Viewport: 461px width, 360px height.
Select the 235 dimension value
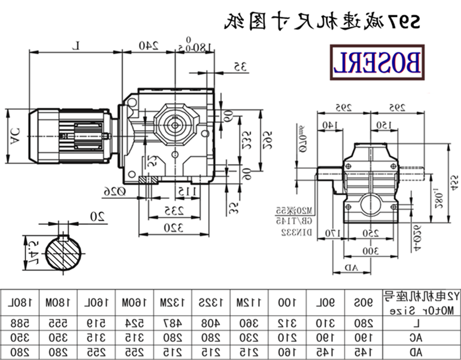tap(169, 210)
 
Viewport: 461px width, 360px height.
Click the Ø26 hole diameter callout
tap(114, 190)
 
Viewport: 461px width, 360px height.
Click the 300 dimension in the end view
tap(372, 251)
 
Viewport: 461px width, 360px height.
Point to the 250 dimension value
tap(371, 233)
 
